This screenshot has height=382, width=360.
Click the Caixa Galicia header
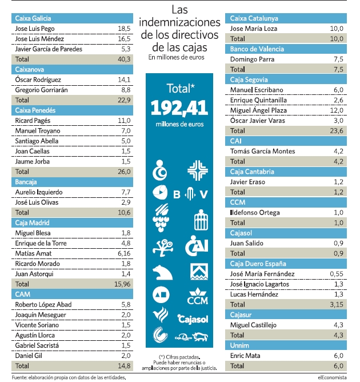pos(72,18)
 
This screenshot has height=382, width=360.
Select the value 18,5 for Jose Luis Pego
pos(124,29)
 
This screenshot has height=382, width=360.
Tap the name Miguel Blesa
pos(33,233)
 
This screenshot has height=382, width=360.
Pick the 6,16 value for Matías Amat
pos(124,253)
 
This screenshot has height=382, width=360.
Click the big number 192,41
pos(179,108)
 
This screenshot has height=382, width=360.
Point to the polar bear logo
pos(162,272)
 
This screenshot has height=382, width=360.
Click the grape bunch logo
pos(161,217)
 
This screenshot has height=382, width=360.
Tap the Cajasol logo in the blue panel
pos(193,319)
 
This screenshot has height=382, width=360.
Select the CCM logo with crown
pos(197,296)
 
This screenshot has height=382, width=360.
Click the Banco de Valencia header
pos(286,49)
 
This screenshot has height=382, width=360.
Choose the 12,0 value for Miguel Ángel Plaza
pos(337,110)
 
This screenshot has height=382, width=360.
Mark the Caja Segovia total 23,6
pos(337,131)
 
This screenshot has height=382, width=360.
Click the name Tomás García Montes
pos(262,152)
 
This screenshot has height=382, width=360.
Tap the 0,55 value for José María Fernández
pos(337,274)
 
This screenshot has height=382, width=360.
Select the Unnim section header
pos(286,345)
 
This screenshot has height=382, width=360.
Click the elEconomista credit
pos(332,377)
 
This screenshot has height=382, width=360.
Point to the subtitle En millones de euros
pos(176,57)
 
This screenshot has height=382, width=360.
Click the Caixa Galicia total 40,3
pos(124,59)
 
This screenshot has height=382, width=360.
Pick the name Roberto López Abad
pos(43,305)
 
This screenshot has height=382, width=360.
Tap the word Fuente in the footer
pos(19,377)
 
